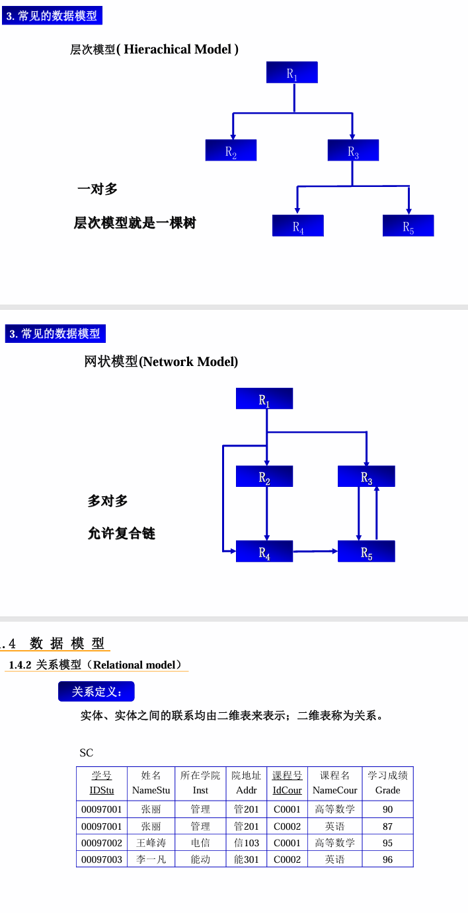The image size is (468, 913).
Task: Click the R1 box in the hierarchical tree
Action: [x=292, y=73]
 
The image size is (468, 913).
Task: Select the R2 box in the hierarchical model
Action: [x=231, y=151]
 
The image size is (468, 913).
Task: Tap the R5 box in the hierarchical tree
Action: [x=408, y=226]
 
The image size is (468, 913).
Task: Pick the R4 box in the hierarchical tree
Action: [x=298, y=226]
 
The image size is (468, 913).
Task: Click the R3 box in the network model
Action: [x=366, y=476]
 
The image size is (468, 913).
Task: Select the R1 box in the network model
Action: [x=264, y=399]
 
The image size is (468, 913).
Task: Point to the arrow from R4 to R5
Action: [x=315, y=550]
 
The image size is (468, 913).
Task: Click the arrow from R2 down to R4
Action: [x=266, y=514]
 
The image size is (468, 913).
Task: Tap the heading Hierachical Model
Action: [x=154, y=50]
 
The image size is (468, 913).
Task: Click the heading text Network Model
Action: [x=161, y=361]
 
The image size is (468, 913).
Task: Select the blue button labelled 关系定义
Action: [x=97, y=692]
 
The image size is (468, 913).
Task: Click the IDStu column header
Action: [x=102, y=790]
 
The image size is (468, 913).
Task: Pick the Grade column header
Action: [x=387, y=790]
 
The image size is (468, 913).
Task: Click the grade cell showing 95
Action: [x=387, y=843]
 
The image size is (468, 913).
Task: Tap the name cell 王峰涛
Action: [x=151, y=843]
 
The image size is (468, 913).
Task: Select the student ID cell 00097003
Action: [x=102, y=859]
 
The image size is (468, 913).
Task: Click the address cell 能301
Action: [x=247, y=859]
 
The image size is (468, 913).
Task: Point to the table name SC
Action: [x=87, y=752]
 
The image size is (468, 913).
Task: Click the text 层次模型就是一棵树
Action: [x=135, y=223]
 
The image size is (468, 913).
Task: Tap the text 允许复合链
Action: [x=122, y=533]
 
